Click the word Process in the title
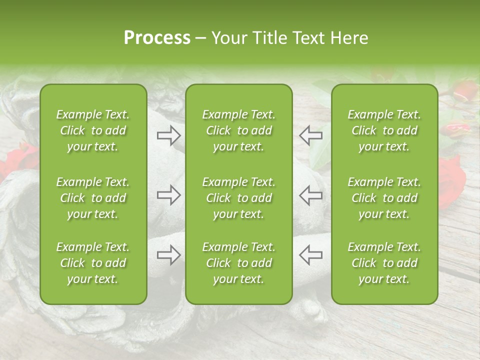pyautogui.click(x=157, y=38)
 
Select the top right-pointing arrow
pyautogui.click(x=169, y=135)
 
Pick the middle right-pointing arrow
pyautogui.click(x=169, y=195)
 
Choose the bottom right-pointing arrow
pyautogui.click(x=169, y=255)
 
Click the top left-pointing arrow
pyautogui.click(x=310, y=135)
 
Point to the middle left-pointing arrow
pyautogui.click(x=310, y=195)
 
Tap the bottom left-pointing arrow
pyautogui.click(x=310, y=255)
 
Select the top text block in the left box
pyautogui.click(x=93, y=130)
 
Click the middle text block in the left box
pyautogui.click(x=93, y=198)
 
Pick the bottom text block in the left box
pyautogui.click(x=93, y=263)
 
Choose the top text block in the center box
pyautogui.click(x=238, y=130)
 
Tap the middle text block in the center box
pyautogui.click(x=238, y=198)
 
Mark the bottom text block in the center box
pyautogui.click(x=238, y=263)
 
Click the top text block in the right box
pyautogui.click(x=384, y=130)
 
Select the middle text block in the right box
pyautogui.click(x=384, y=198)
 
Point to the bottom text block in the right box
pyautogui.click(x=384, y=263)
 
